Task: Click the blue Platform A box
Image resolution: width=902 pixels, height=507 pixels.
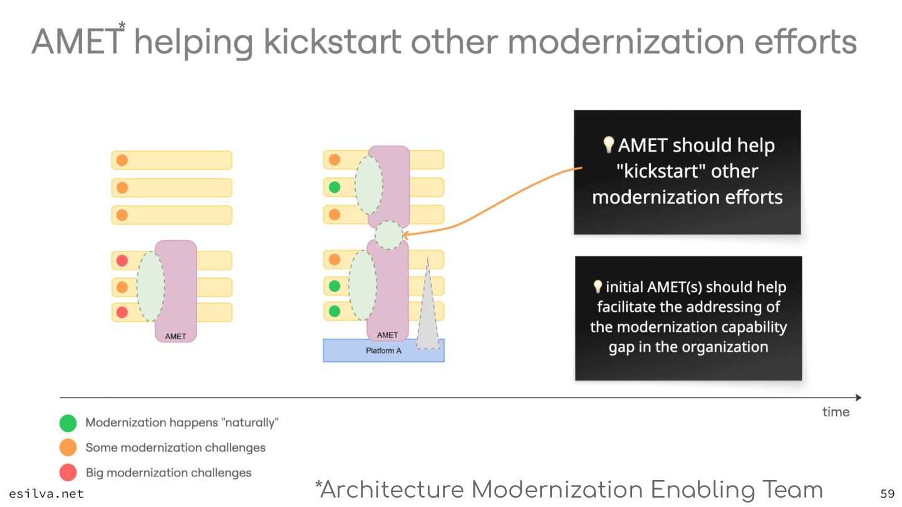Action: coord(383,351)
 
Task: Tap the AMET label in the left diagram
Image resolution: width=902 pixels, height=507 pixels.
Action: coord(175,337)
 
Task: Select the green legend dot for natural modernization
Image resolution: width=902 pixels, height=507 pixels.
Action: coord(68,423)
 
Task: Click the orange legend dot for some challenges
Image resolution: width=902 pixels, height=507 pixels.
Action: coord(68,448)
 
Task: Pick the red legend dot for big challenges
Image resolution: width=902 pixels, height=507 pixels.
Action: coord(68,473)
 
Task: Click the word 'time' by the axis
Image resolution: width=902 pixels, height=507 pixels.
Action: coord(836,412)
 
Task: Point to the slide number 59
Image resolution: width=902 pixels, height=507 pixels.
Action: coord(887,493)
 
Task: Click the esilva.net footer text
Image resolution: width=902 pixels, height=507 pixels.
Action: coord(46,493)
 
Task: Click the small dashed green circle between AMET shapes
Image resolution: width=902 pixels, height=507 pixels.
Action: coord(388,235)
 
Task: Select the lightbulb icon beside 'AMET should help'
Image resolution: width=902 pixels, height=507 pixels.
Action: coord(608,145)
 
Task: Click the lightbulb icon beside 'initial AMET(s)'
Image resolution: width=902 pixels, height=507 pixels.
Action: coord(598,287)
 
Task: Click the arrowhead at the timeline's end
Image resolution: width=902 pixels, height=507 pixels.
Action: coord(858,397)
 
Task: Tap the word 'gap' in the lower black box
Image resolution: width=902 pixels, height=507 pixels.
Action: coord(621,347)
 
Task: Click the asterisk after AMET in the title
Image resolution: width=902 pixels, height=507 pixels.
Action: coord(122,26)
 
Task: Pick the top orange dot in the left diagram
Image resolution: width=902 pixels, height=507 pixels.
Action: coord(122,160)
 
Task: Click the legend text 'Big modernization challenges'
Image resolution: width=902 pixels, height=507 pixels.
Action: coord(168,473)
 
